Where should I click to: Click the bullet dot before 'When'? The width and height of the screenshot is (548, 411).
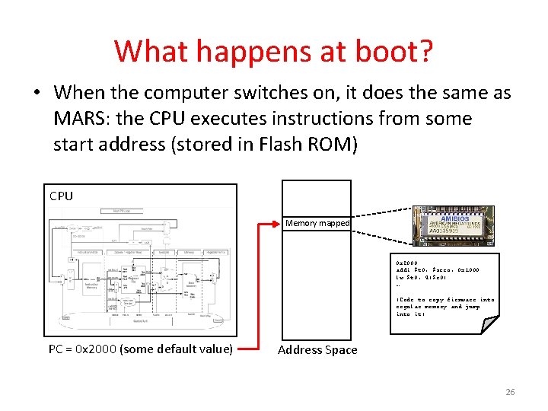point(36,94)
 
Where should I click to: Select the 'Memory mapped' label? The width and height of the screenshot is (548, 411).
point(317,224)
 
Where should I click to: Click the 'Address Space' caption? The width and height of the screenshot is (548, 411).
point(317,350)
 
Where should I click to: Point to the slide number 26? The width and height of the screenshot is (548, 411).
point(510,392)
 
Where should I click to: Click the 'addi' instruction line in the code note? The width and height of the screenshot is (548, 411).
point(438,270)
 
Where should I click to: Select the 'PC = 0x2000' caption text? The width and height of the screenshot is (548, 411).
point(140,349)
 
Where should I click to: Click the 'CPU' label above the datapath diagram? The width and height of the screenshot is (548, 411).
point(62,196)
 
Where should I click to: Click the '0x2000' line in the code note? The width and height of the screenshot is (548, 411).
point(406,263)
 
